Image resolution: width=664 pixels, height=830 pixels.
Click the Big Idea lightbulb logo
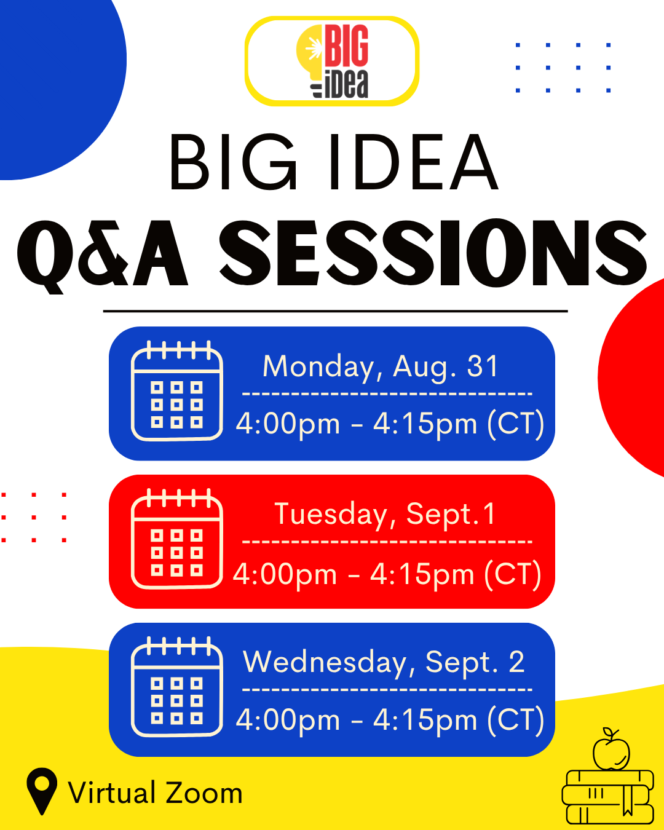click(332, 61)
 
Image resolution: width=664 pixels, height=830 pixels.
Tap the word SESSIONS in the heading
click(433, 253)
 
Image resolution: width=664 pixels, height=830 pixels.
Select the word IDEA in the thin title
click(414, 162)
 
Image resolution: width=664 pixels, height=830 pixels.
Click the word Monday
click(318, 367)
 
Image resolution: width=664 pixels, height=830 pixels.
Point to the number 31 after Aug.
click(482, 366)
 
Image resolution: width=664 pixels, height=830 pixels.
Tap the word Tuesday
click(331, 515)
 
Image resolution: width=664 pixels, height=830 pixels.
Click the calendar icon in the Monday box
click(177, 390)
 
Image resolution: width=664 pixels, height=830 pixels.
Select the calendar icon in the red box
click(177, 539)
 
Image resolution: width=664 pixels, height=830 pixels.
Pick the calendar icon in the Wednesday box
click(177, 687)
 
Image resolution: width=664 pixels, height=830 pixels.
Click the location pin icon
click(42, 791)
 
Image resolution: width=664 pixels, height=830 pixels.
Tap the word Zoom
click(205, 793)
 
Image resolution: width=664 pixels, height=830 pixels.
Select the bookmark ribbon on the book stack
click(628, 799)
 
